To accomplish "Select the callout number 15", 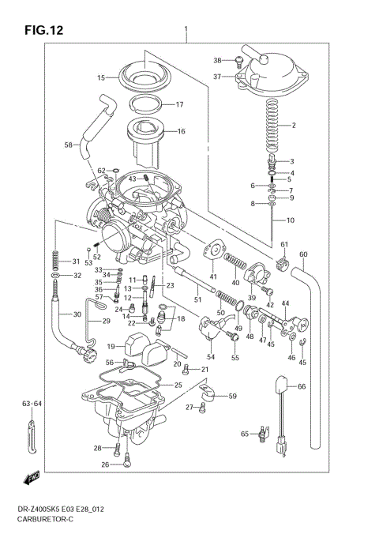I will tap(101, 78).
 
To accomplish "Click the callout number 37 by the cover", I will tap(217, 76).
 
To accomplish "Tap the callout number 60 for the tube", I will tap(303, 254).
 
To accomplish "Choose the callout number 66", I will tap(300, 386).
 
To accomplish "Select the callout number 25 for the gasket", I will tap(178, 385).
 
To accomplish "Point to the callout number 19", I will tap(111, 346).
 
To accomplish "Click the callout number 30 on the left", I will tap(76, 314).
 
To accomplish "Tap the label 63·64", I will tap(32, 404).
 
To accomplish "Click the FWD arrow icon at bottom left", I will tap(32, 477).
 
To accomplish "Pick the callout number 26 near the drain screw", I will tap(104, 465).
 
